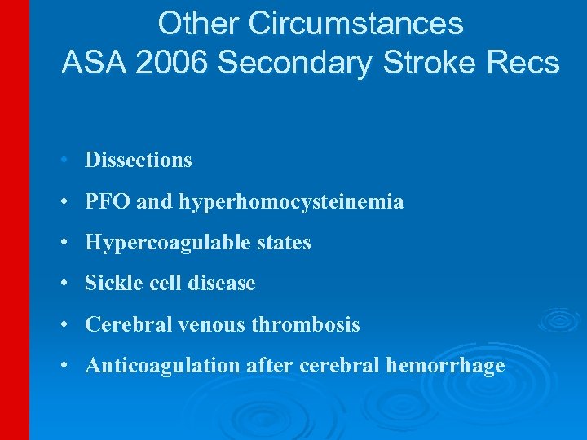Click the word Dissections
tap(139, 160)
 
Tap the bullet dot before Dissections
tap(64, 161)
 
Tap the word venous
tap(222, 324)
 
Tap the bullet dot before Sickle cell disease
tap(64, 284)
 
